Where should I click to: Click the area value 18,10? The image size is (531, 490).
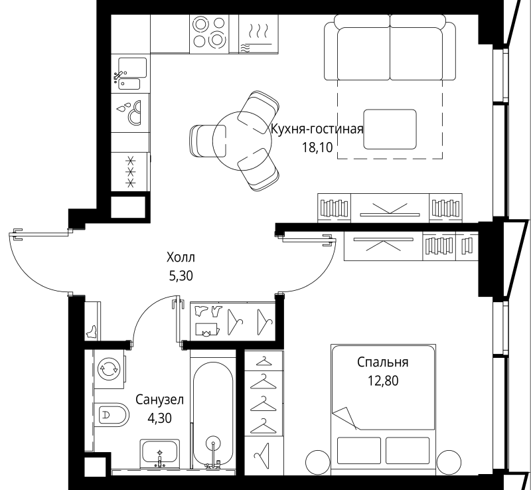[318, 147]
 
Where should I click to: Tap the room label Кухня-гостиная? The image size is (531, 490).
[317, 129]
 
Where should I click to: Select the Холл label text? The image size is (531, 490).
[181, 258]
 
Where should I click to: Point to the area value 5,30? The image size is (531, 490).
[181, 276]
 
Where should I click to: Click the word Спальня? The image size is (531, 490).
[383, 363]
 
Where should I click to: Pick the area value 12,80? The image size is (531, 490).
[383, 381]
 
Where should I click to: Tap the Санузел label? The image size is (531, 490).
[159, 400]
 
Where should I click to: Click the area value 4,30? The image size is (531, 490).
[159, 418]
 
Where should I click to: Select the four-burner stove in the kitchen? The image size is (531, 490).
[209, 33]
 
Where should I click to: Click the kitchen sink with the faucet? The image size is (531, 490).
[130, 74]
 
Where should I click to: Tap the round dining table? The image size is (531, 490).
[242, 141]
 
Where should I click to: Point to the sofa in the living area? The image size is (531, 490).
[390, 47]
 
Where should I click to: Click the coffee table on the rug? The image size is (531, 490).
[390, 129]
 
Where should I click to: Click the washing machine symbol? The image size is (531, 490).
[109, 369]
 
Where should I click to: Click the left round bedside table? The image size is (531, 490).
[318, 462]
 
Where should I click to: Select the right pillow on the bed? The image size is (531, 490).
[408, 450]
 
